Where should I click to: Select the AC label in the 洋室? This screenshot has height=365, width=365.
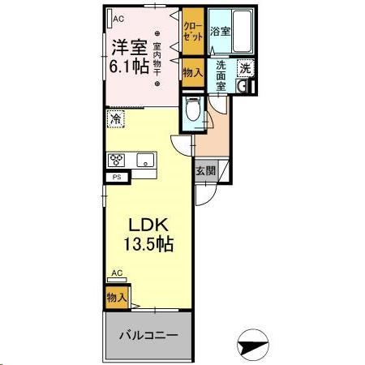pyautogui.click(x=118, y=18)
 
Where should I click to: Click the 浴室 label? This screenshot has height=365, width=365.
pyautogui.click(x=219, y=32)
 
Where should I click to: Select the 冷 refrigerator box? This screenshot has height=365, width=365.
pyautogui.click(x=115, y=118)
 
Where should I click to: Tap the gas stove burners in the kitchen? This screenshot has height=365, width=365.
pyautogui.click(x=117, y=159)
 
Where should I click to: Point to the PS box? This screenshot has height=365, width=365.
pyautogui.click(x=117, y=177)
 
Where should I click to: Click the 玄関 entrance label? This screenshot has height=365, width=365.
pyautogui.click(x=206, y=171)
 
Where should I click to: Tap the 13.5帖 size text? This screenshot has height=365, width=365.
pyautogui.click(x=146, y=243)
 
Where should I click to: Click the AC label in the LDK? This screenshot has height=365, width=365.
pyautogui.click(x=117, y=273)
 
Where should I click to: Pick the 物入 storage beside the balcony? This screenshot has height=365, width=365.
pyautogui.click(x=116, y=298)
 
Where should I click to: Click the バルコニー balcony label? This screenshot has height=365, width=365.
pyautogui.click(x=146, y=335)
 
